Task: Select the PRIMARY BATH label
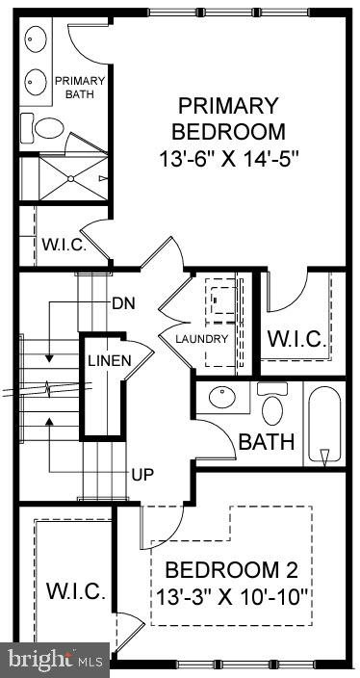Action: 86,87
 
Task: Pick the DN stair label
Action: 123,303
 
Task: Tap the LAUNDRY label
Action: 201,339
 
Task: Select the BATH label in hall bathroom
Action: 260,443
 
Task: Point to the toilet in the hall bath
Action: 273,407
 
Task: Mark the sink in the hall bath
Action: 223,398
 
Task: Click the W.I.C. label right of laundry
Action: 297,339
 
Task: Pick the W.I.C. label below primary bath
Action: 64,245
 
